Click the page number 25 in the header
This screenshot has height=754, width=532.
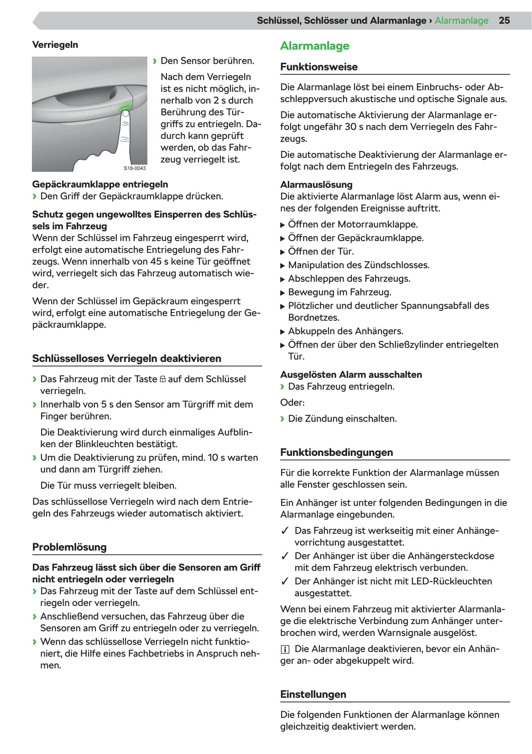tap(504, 21)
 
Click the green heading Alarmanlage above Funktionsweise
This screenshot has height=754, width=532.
tap(314, 46)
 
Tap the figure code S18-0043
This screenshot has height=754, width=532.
tap(135, 168)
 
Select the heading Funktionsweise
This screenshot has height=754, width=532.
tap(318, 67)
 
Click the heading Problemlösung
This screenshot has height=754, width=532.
tap(69, 547)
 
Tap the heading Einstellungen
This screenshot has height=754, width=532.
tap(313, 694)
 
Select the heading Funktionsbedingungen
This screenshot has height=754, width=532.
tap(336, 452)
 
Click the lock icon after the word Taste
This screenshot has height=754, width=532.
tap(162, 379)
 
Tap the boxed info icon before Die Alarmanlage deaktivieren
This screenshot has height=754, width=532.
tap(285, 649)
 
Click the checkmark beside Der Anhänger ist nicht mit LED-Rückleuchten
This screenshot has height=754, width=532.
tap(285, 581)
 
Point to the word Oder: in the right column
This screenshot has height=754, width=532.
tap(292, 403)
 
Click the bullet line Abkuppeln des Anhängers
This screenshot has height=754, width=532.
tap(345, 331)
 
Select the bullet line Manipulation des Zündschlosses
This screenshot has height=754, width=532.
tap(359, 265)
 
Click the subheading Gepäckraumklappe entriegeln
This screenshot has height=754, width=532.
tap(100, 184)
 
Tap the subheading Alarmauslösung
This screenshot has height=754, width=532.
tap(316, 185)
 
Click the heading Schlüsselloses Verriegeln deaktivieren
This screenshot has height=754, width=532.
tap(126, 358)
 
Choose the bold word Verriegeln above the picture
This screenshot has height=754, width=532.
tap(55, 45)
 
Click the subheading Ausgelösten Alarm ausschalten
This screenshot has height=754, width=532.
tap(351, 375)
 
